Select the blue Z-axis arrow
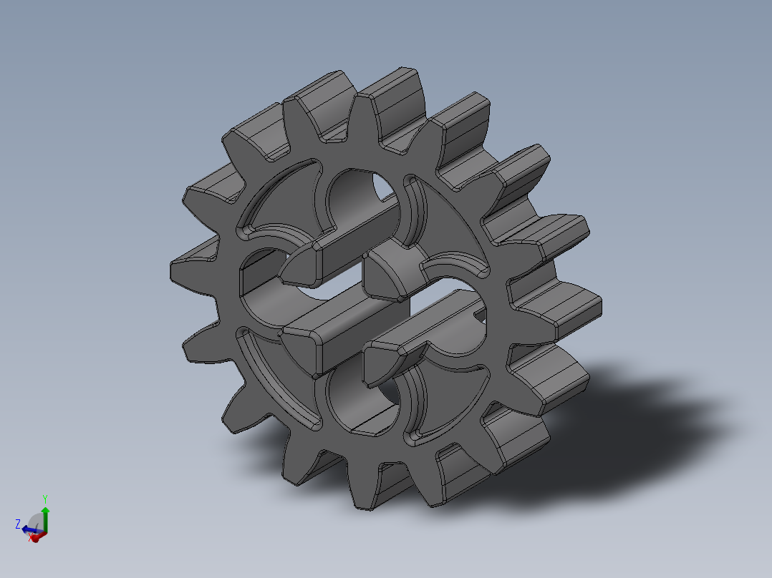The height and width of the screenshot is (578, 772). pyautogui.click(x=28, y=529)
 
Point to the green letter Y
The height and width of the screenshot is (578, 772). pyautogui.click(x=44, y=498)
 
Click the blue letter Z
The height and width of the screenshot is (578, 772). pyautogui.click(x=17, y=524)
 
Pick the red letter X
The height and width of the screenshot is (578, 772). pyautogui.click(x=31, y=539)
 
